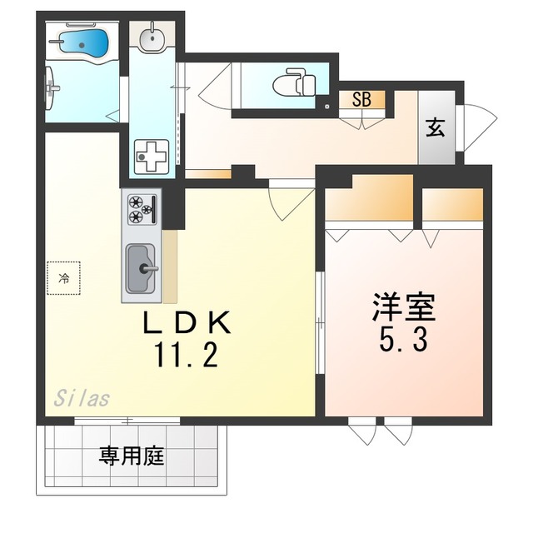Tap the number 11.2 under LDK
click(x=185, y=356)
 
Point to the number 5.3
click(x=403, y=339)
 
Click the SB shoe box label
click(x=361, y=100)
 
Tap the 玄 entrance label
click(x=435, y=127)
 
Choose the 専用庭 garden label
click(x=132, y=456)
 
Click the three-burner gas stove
click(x=141, y=207)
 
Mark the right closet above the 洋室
click(x=451, y=204)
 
